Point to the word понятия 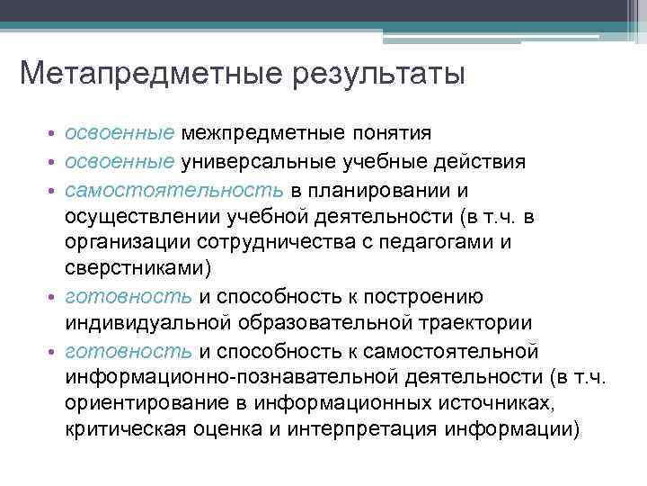(395, 134)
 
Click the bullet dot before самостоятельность (54, 193)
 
